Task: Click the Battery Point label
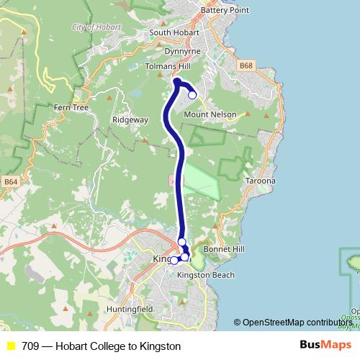[x=225, y=10]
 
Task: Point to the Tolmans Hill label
[x=166, y=66]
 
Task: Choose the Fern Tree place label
[x=71, y=107]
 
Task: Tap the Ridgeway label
[x=130, y=120]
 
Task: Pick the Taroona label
[x=260, y=180]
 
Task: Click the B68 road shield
[x=247, y=66]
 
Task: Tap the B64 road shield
[x=10, y=182]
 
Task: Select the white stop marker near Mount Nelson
[x=192, y=94]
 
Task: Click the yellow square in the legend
[x=11, y=346]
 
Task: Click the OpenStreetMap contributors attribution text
[x=297, y=322]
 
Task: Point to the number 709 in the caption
[x=30, y=346]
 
